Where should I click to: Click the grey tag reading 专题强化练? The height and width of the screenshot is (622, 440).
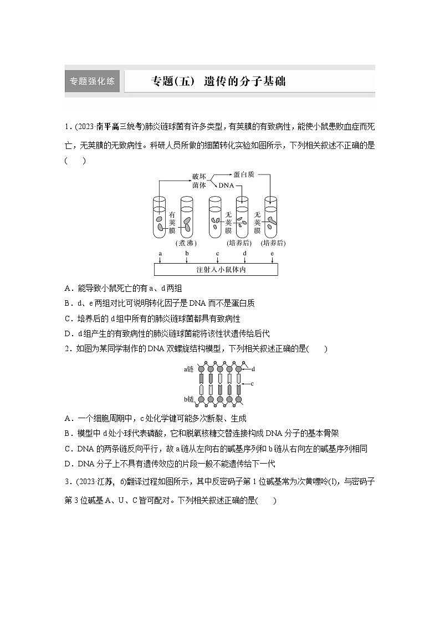click(93, 81)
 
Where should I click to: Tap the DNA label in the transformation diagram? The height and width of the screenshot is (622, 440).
click(226, 186)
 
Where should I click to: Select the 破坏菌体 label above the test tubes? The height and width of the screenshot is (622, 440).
click(198, 181)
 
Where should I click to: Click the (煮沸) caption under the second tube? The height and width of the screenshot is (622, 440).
click(187, 243)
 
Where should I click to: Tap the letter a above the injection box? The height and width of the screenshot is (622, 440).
click(160, 254)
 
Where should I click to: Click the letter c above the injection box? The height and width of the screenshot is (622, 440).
click(217, 254)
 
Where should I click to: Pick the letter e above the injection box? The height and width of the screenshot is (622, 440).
click(272, 254)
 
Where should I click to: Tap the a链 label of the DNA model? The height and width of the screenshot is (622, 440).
click(190, 368)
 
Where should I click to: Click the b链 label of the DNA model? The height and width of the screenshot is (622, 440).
click(190, 399)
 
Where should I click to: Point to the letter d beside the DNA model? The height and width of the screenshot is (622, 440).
click(253, 369)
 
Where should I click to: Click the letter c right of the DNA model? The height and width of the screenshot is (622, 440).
click(252, 383)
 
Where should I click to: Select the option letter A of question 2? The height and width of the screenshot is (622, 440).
click(67, 418)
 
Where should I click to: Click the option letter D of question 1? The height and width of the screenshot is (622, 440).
click(67, 333)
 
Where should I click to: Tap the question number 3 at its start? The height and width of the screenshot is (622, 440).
click(66, 482)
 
